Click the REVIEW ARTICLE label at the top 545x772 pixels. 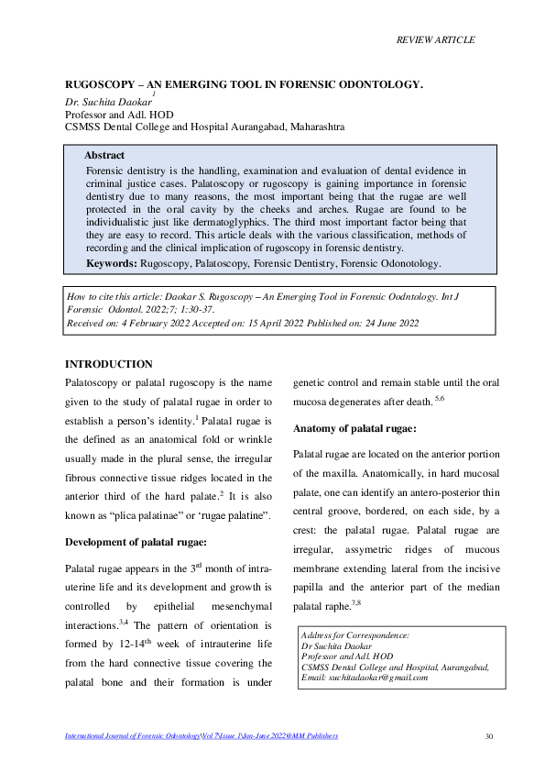coord(435,39)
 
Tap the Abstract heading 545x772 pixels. coord(104,156)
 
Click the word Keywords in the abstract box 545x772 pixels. coord(111,263)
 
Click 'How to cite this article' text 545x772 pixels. coord(118,297)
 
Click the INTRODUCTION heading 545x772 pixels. coord(108,365)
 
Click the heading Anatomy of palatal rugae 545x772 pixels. coord(355,429)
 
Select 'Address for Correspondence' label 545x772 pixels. coord(355,634)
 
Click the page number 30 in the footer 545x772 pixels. coord(488,736)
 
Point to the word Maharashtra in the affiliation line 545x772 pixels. coord(317,127)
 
